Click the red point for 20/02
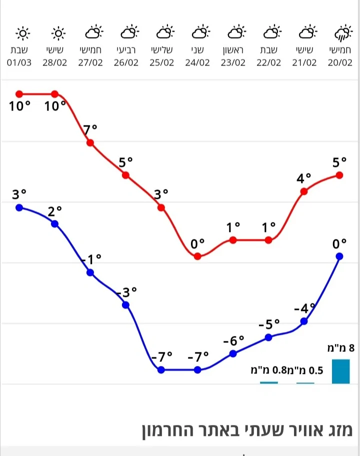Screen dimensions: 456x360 tap(339, 175)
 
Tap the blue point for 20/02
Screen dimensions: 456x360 tap(339, 256)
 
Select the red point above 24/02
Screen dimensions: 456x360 tap(197, 256)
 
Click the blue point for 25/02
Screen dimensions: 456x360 tap(161, 369)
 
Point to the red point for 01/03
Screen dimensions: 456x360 tap(19, 94)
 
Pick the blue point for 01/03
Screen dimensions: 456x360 tap(19, 207)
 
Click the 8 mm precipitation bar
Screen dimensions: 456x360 tap(340, 371)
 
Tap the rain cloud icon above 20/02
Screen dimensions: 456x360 tap(341, 34)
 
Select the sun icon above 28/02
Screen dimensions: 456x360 tap(58, 33)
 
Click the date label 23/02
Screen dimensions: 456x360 tap(233, 62)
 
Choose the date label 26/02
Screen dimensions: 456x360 tap(126, 62)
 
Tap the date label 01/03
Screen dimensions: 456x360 tap(20, 62)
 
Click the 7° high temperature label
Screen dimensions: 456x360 tap(90, 129)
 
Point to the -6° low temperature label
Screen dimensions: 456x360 tap(233, 341)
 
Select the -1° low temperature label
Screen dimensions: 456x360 tap(90, 259)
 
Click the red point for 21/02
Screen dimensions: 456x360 tap(304, 191)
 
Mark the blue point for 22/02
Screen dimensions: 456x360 tap(268, 337)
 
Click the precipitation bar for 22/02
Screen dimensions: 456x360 tap(268, 382)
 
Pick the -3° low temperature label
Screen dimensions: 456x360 tap(126, 292)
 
